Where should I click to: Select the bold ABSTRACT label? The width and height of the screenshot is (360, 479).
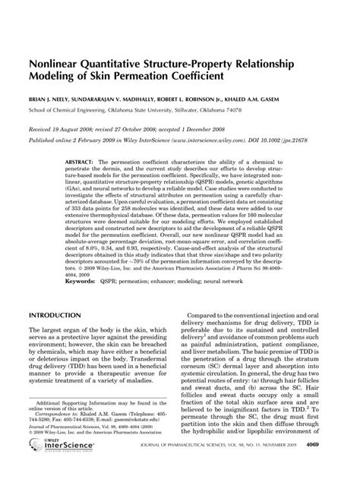point(80,163)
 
